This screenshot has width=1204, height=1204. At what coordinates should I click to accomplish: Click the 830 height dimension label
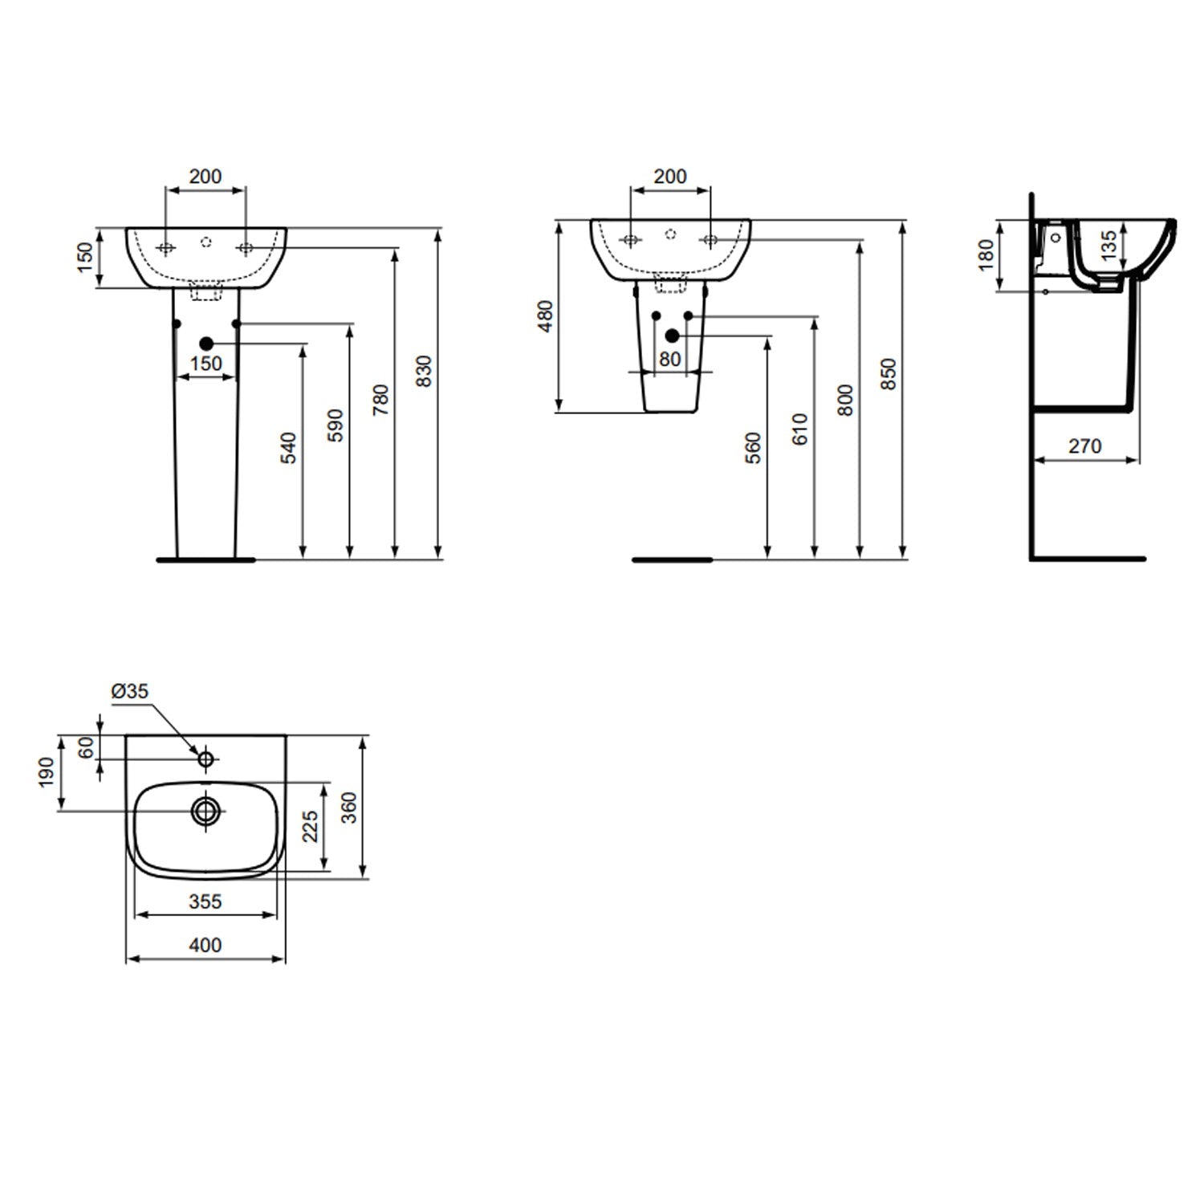425,371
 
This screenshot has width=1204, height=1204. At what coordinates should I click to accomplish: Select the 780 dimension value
381,399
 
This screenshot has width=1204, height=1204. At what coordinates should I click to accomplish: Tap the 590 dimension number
336,425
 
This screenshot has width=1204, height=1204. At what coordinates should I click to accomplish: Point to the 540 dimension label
289,447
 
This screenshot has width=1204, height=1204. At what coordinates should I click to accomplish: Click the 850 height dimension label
889,374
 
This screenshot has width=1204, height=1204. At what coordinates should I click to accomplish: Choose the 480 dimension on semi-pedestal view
545,316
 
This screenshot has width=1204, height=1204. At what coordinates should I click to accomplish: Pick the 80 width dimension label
669,359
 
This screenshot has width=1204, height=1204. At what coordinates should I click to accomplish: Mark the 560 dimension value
753,448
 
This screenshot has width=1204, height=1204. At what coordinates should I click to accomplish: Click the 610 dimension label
799,429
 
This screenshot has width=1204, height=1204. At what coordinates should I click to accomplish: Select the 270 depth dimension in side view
1084,446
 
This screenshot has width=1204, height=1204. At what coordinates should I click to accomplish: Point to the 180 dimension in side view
986,254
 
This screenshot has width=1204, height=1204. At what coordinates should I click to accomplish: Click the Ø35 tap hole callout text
130,691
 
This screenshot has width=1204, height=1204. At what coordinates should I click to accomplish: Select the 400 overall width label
205,946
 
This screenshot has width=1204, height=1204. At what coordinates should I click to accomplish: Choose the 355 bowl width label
205,901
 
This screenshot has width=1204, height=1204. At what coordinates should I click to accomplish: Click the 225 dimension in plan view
310,826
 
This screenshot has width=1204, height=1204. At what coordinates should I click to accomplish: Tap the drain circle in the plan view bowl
206,811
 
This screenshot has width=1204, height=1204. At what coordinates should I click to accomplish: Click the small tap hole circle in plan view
205,758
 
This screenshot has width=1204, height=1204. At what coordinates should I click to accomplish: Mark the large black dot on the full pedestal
206,343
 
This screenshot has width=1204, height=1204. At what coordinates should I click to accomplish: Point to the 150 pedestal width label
206,364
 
